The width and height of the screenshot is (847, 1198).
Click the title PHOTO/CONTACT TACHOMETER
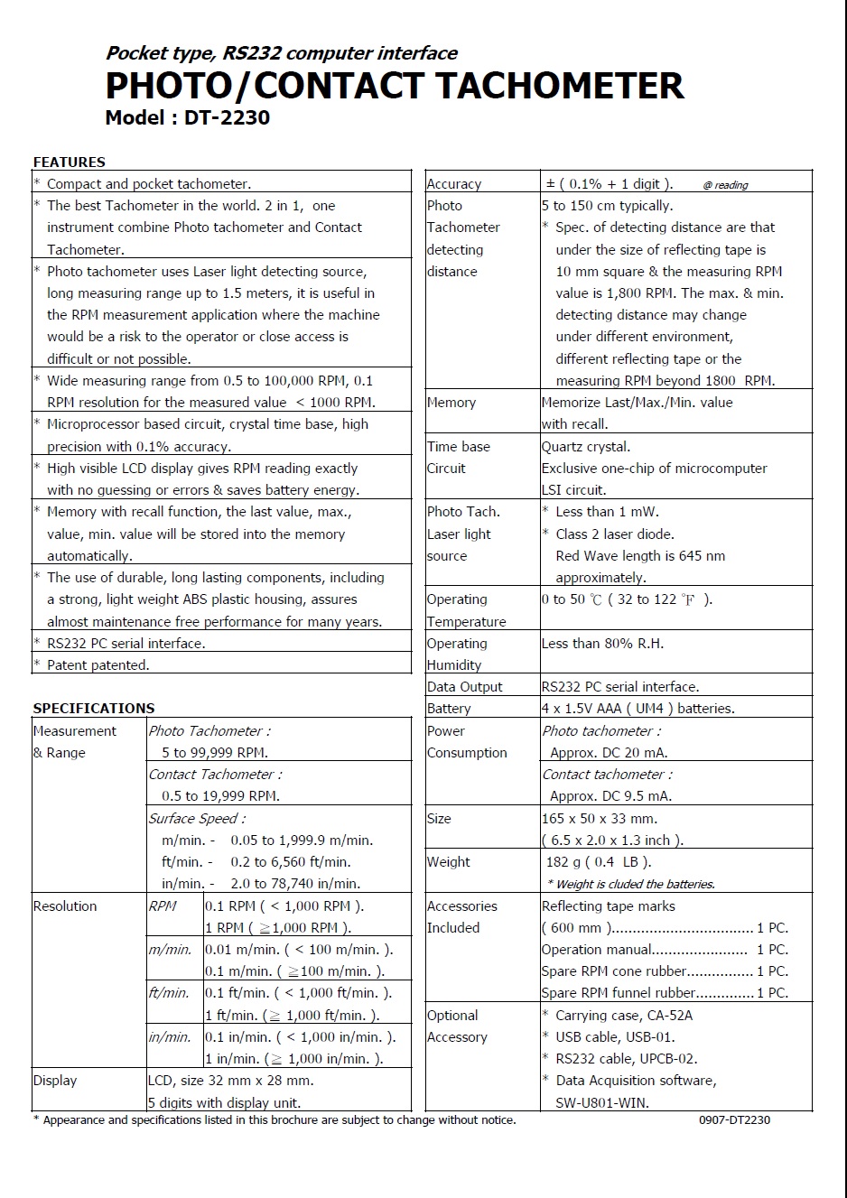coord(394,86)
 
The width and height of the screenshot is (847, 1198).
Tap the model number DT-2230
coord(227,117)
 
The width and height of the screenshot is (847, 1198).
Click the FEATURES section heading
coord(69,163)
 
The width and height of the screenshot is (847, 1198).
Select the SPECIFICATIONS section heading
coord(94,709)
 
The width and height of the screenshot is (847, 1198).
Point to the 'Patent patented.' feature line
coord(98,665)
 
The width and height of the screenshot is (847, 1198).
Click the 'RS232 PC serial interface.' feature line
coord(126,644)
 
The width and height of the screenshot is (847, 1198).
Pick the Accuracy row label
coord(453,184)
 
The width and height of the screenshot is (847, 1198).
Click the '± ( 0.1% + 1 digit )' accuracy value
coord(609,184)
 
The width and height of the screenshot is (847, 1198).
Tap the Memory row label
coord(451,403)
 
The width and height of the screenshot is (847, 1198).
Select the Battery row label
coord(449,709)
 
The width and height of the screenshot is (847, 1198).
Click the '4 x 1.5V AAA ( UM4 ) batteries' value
coord(638,709)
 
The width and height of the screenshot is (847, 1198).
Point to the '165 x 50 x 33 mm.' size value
coord(600,819)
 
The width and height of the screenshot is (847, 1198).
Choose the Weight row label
coord(448,862)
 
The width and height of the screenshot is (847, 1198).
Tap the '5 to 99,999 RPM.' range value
coord(214,753)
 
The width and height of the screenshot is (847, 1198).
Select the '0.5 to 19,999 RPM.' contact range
coord(220,796)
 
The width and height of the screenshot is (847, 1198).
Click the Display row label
coord(55,1081)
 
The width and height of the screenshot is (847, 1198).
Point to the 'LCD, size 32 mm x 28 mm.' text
coord(230,1081)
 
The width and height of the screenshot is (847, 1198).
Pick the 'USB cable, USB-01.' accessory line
coord(615,1037)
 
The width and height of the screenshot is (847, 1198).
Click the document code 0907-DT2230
coord(734,1120)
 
